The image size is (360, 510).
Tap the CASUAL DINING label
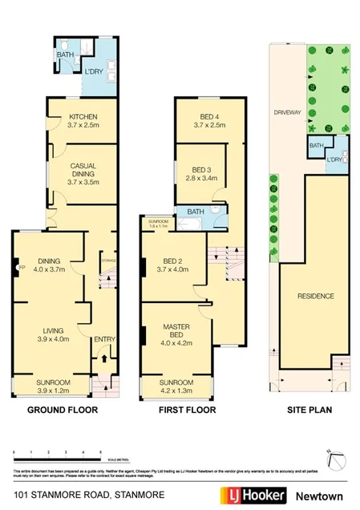point(83,171)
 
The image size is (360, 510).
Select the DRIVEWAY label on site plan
point(286,112)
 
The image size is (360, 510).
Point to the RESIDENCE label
point(315,296)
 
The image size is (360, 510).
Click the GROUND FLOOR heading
point(63,410)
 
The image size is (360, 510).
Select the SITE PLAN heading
point(309,410)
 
